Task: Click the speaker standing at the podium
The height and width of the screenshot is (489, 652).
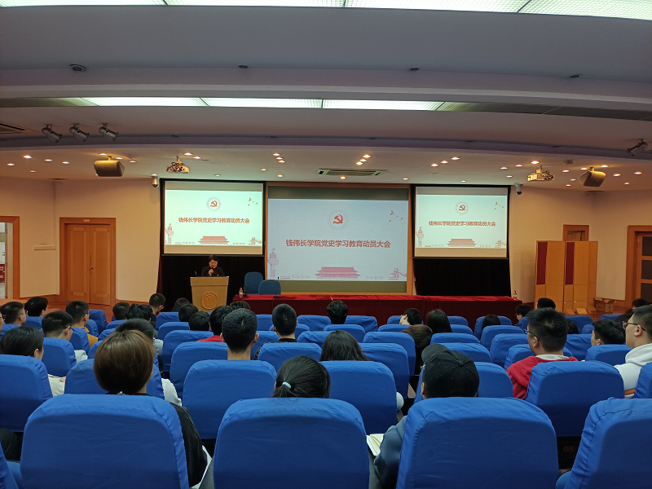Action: tap(213, 267)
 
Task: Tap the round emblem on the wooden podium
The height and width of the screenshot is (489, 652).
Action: tap(209, 300)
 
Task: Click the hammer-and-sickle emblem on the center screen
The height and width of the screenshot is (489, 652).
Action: tap(337, 219)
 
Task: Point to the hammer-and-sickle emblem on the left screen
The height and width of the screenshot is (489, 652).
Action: tap(214, 204)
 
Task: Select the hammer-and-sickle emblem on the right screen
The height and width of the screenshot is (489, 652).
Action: tap(461, 208)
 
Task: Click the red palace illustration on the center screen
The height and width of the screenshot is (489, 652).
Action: tap(337, 273)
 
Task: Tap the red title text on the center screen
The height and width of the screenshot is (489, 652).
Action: tap(338, 243)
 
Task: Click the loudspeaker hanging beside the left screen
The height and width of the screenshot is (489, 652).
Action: tap(109, 167)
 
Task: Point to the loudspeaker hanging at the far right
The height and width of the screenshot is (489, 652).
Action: tap(593, 177)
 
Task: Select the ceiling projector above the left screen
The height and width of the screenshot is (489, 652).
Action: tap(178, 167)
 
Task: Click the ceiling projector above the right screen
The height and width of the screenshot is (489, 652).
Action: tap(540, 174)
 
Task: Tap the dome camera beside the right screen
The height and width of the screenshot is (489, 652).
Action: tap(518, 189)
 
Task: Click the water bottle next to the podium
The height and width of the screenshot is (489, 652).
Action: tap(240, 293)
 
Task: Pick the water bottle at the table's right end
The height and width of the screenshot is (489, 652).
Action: tap(515, 295)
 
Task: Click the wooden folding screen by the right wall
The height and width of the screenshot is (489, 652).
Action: tap(566, 275)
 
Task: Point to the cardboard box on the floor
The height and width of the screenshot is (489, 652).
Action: tap(604, 305)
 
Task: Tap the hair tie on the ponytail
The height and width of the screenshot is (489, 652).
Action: tap(285, 385)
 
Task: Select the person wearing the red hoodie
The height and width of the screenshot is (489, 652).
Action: tap(542, 353)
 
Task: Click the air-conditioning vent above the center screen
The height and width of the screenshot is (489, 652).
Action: tap(351, 172)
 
